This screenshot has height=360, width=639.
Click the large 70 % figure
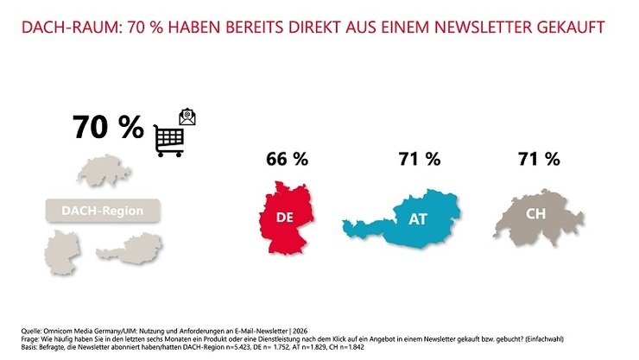coord(109,127)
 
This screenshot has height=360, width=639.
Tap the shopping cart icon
coord(169,141)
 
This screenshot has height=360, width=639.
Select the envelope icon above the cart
coord(187,117)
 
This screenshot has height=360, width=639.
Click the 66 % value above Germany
coord(287,159)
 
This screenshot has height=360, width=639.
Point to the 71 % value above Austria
coord(420,159)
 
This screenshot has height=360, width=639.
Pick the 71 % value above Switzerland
coord(539,159)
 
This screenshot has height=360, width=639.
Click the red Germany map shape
coord(286,218)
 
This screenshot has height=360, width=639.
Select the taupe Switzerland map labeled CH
coord(538,218)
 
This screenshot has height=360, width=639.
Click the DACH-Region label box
coord(103,211)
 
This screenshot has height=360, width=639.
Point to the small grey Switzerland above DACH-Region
coord(104,170)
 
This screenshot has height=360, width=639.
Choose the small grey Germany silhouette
coord(62,252)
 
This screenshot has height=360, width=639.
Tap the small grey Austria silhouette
coord(130,249)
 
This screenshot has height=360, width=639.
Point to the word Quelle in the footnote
coord(31,332)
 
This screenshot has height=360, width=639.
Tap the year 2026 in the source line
coord(300,332)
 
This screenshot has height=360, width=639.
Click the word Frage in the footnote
coord(29,339)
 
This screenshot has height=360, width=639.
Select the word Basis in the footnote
coord(29,347)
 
